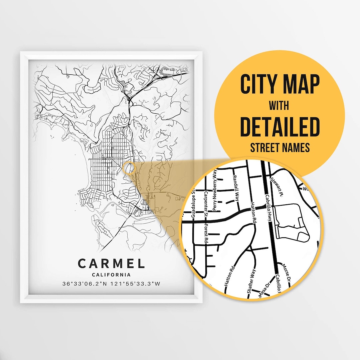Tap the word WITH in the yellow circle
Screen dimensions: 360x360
pos(279,106)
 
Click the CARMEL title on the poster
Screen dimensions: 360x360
pos(111,263)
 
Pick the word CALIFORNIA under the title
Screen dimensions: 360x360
pos(111,275)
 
